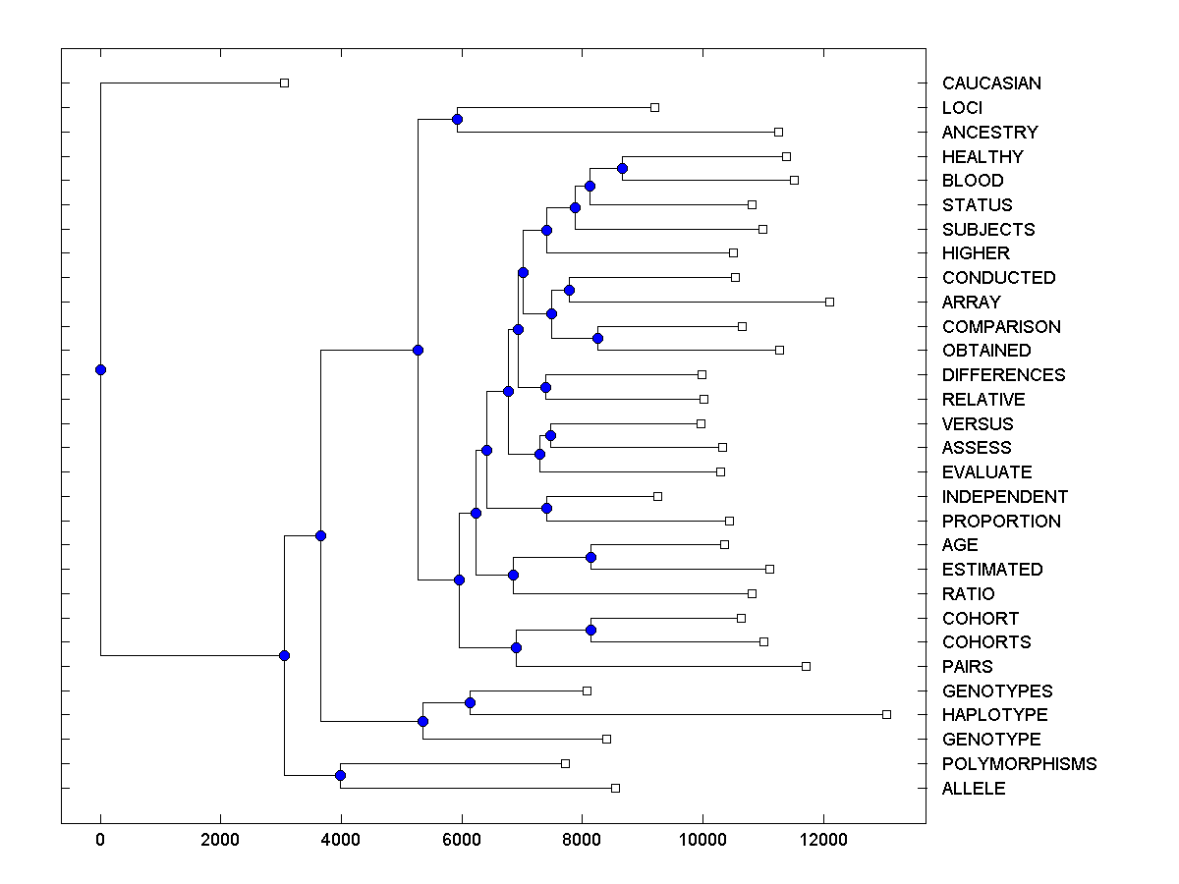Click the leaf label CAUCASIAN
point(991,83)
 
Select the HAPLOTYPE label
point(994,715)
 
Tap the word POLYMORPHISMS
point(1019,764)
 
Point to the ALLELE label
point(974,789)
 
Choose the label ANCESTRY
point(989,133)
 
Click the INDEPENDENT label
point(1004,497)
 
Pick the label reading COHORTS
point(986,642)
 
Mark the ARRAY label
point(971,303)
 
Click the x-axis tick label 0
point(100,842)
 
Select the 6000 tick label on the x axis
point(461,842)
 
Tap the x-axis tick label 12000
point(822,842)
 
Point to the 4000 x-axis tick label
point(341,842)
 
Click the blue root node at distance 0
point(100,369)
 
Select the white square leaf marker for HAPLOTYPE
point(886,714)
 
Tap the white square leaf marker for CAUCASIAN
point(284,83)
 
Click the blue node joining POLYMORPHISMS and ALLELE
point(340,776)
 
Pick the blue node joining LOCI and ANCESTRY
point(457,119)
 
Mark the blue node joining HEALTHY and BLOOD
point(622,168)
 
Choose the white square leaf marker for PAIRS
point(806,666)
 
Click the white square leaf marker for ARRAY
point(829,302)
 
